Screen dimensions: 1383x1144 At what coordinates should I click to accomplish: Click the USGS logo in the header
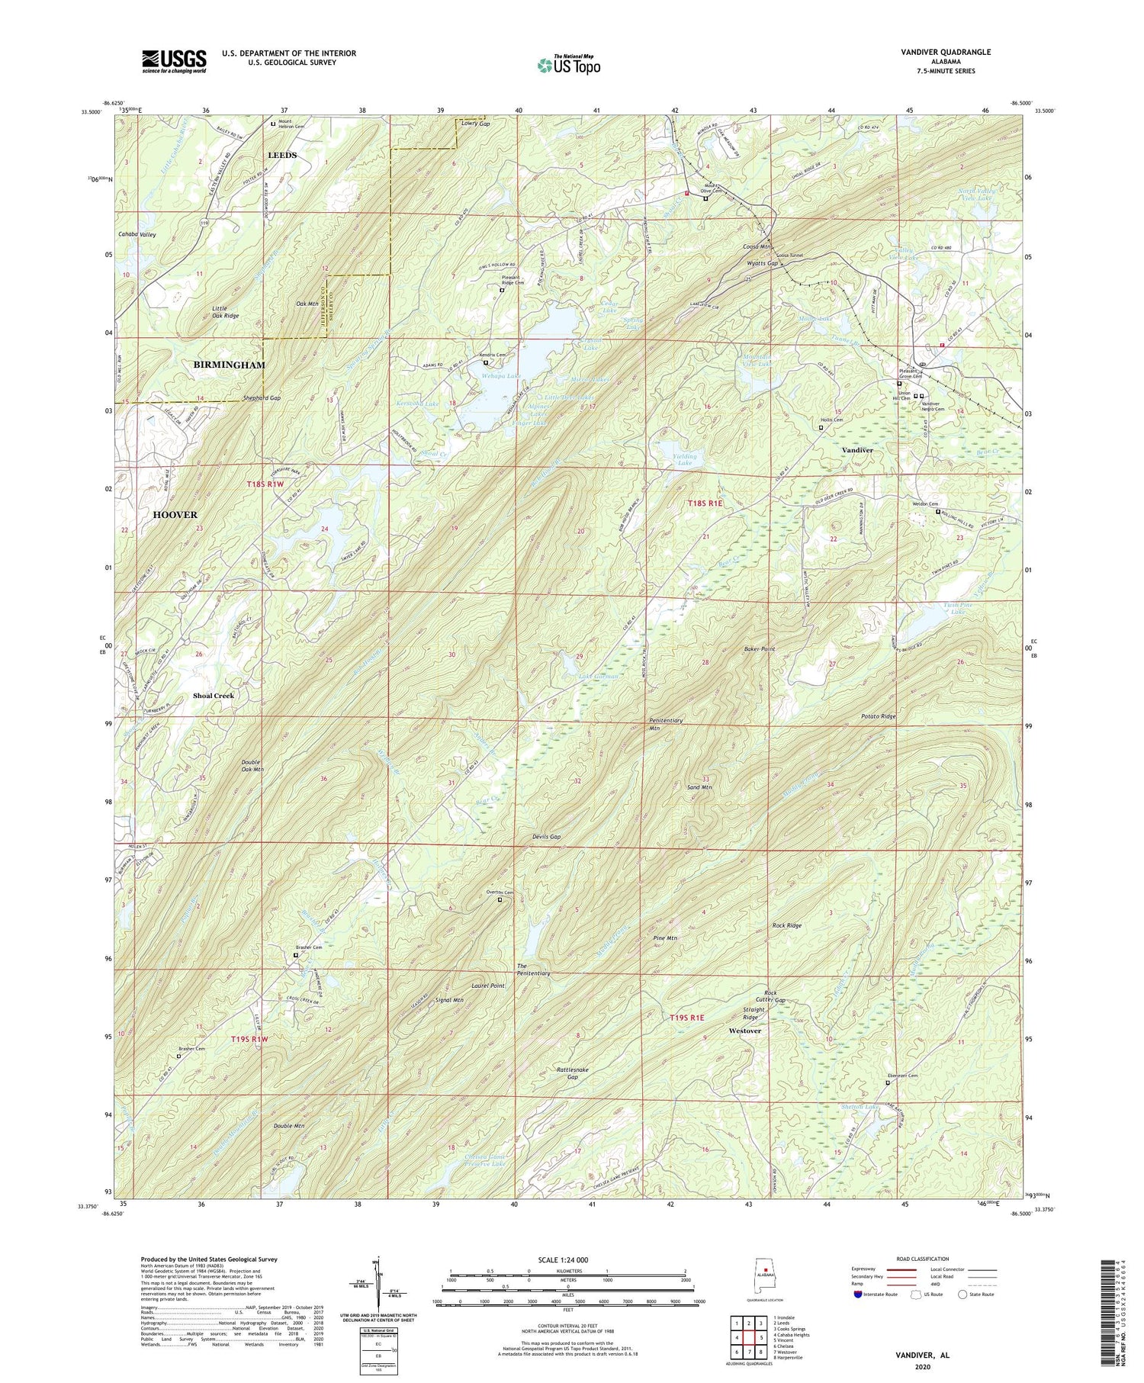click(x=174, y=60)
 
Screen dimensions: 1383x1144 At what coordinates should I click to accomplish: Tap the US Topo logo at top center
click(x=569, y=65)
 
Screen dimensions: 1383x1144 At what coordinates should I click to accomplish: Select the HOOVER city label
click(x=176, y=515)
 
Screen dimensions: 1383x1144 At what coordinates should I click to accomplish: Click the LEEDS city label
click(x=281, y=155)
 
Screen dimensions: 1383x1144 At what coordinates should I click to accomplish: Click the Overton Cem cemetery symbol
click(x=500, y=900)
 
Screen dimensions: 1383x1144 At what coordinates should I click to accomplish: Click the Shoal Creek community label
click(x=213, y=696)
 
